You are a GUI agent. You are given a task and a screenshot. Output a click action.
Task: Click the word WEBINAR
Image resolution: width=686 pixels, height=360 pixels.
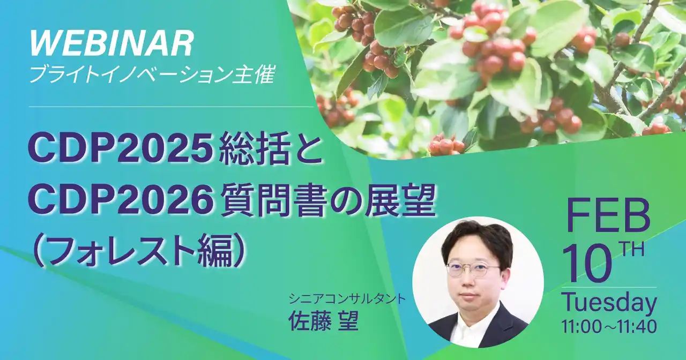(111, 44)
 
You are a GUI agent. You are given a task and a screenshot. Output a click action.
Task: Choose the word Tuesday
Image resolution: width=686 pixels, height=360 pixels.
(609, 304)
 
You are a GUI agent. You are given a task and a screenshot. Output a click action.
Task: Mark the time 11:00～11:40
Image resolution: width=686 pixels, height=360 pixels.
(609, 326)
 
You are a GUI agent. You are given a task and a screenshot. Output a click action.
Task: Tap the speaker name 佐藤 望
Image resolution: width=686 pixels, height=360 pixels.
(323, 321)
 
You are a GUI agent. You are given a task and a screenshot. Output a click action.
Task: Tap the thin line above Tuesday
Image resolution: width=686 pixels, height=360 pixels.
(609, 288)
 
